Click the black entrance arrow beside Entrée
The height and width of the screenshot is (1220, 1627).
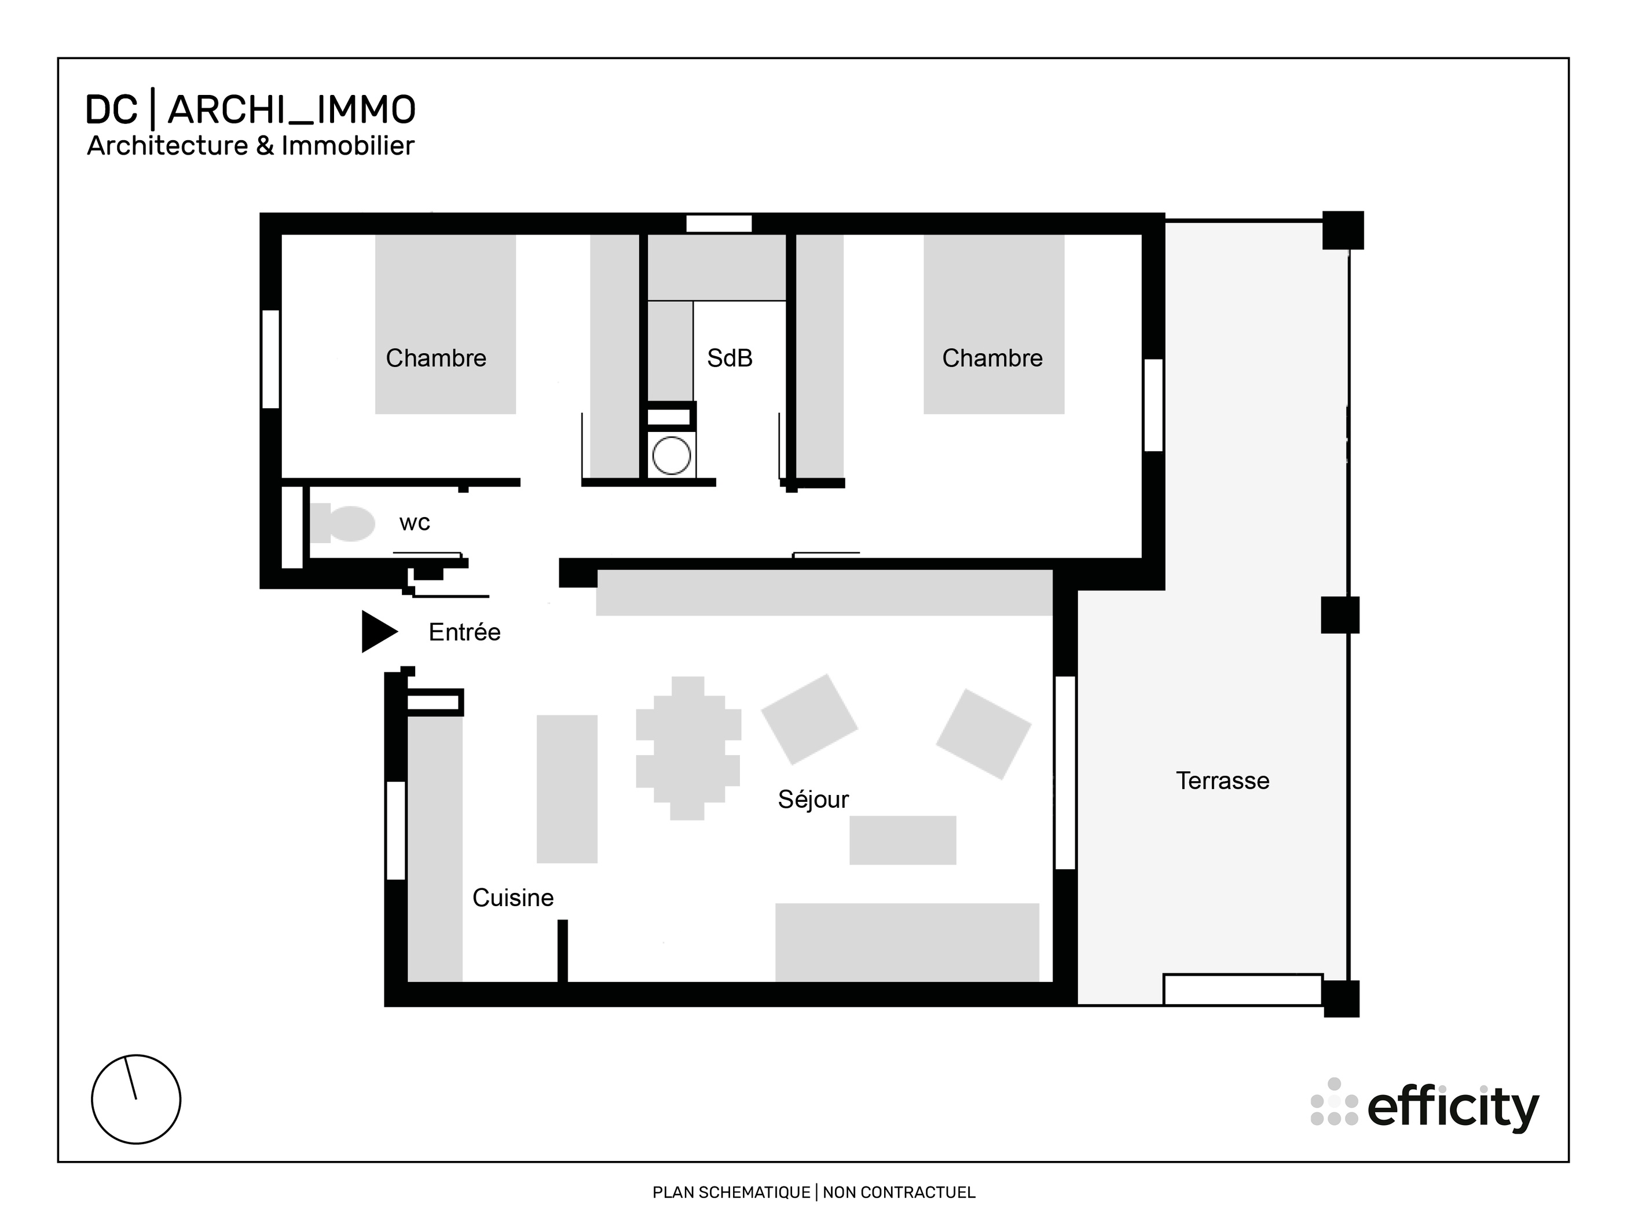(378, 631)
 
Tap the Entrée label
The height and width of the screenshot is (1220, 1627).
(464, 632)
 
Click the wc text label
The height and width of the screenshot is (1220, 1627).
(414, 523)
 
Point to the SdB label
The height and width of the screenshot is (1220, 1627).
(729, 358)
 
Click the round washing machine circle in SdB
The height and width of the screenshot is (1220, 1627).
(671, 455)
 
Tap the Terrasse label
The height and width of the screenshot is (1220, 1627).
(1222, 781)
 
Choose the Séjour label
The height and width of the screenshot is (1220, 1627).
(813, 800)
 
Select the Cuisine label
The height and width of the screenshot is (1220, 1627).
(512, 898)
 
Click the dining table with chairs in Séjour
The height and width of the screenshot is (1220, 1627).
(688, 748)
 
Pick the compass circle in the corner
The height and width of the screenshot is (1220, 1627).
(136, 1100)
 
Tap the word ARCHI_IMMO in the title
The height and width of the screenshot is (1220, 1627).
(292, 111)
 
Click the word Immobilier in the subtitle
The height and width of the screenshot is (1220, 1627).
(347, 145)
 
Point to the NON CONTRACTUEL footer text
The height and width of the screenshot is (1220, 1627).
(898, 1192)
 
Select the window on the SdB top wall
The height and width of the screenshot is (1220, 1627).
(719, 224)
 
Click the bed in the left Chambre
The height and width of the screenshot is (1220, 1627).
(445, 324)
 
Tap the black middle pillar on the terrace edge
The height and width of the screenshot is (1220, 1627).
(1339, 615)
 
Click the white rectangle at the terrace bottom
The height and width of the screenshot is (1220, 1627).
(1243, 989)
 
